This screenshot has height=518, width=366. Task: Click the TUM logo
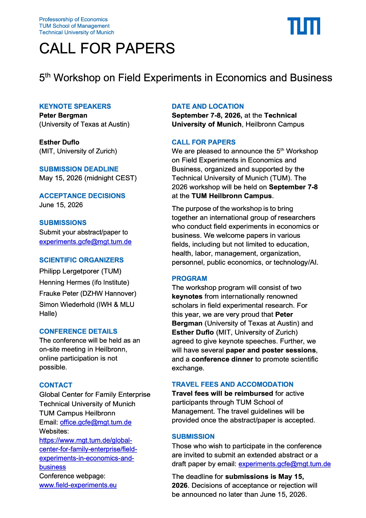coord(304,26)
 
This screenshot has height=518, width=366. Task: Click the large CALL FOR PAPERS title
coord(107,48)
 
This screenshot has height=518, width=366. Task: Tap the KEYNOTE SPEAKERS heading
coord(75,106)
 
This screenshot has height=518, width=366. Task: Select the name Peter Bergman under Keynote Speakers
coord(63,115)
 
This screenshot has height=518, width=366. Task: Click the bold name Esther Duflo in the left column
coord(59,142)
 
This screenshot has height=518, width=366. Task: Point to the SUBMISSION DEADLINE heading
coord(79,169)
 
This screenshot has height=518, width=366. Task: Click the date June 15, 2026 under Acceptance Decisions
coord(61,205)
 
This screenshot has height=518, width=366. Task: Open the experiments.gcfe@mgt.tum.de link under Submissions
coord(85,242)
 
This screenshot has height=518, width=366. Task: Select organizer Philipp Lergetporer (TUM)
coord(80,271)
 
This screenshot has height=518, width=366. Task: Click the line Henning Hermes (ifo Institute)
coord(84,282)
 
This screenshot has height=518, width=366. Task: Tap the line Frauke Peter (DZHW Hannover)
coord(88,293)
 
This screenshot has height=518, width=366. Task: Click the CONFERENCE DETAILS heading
coord(78,331)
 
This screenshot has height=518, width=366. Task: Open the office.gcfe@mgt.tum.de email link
coord(96,422)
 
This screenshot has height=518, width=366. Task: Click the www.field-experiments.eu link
coord(78,485)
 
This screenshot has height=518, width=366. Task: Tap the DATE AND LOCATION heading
coord(208,106)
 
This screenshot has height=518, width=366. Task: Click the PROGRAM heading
coord(189,278)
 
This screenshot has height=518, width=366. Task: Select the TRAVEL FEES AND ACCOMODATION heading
coord(232,384)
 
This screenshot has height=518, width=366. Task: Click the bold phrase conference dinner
coord(222,359)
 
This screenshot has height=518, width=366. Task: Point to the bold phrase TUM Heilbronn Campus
coord(232,196)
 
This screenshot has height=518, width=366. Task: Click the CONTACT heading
coord(56,385)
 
